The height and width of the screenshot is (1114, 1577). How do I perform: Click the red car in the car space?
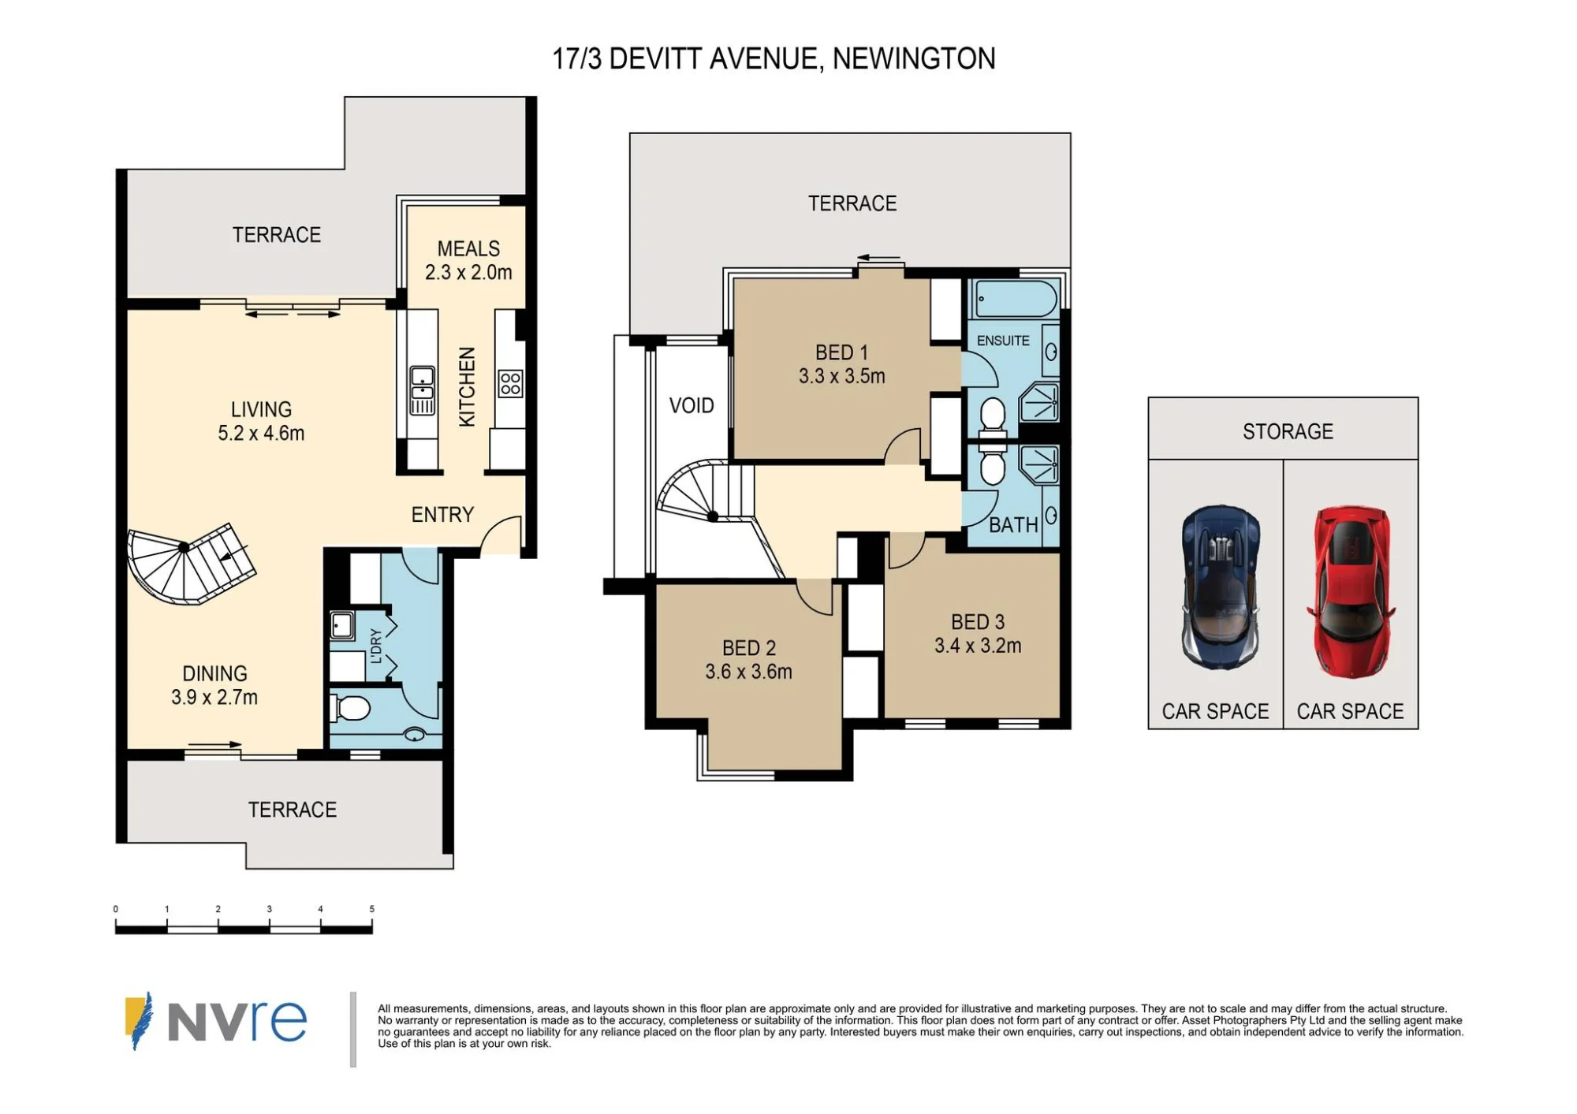click(x=1350, y=591)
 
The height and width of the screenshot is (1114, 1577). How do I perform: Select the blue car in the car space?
click(x=1220, y=587)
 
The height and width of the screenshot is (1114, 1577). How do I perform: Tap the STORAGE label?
click(x=1288, y=431)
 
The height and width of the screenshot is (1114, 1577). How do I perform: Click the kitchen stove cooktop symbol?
click(x=510, y=384)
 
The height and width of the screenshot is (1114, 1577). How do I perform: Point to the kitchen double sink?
click(x=422, y=390)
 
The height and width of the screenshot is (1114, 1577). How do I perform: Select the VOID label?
click(x=692, y=405)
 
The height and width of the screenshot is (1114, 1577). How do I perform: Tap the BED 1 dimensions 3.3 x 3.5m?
click(x=841, y=376)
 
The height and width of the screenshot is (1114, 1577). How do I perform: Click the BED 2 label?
click(x=749, y=648)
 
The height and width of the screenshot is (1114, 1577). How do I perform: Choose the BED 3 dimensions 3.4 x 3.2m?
click(x=978, y=646)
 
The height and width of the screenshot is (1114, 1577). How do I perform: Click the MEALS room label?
click(x=468, y=249)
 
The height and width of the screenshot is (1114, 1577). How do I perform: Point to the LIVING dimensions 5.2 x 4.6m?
click(x=261, y=433)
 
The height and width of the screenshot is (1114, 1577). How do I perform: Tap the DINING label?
click(x=214, y=673)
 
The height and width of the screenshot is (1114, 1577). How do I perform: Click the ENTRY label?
click(x=442, y=515)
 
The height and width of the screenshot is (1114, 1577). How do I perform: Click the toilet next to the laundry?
click(x=351, y=708)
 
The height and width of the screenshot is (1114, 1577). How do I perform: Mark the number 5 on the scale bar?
click(x=371, y=909)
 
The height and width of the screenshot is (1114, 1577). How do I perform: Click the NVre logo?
click(x=215, y=1021)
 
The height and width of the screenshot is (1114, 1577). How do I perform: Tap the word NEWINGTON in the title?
click(x=914, y=58)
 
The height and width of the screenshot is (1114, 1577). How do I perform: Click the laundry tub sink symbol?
click(x=341, y=626)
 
